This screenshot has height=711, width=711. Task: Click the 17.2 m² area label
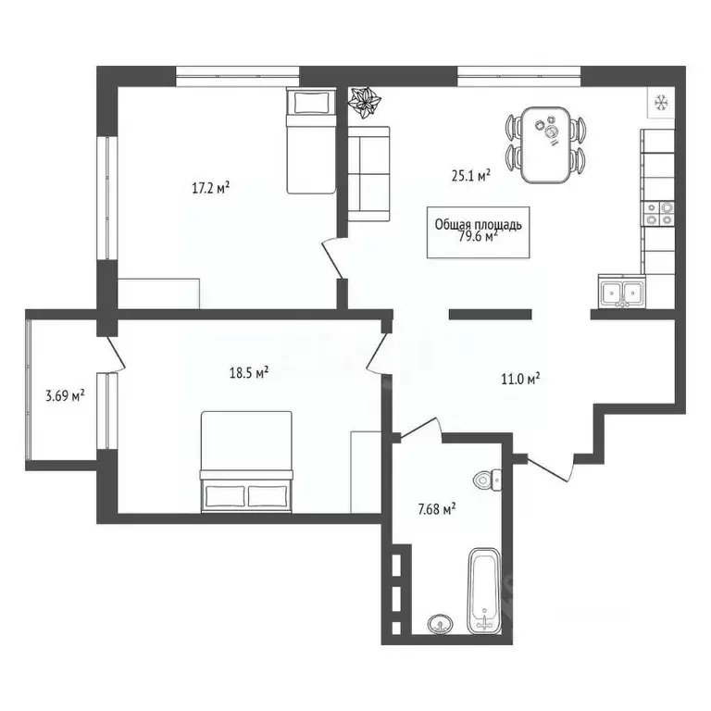click(x=211, y=188)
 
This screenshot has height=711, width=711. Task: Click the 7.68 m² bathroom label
click(x=436, y=508)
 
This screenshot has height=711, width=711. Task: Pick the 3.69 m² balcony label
click(x=66, y=396)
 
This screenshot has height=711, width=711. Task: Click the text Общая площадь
click(x=479, y=223)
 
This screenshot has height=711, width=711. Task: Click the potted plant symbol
click(x=366, y=103)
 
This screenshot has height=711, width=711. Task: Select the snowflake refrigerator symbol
click(x=661, y=102)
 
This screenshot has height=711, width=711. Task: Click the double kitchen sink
click(x=621, y=292)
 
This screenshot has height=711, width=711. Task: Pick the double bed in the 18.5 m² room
click(x=247, y=463)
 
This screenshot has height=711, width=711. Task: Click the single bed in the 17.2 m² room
click(x=310, y=142)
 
